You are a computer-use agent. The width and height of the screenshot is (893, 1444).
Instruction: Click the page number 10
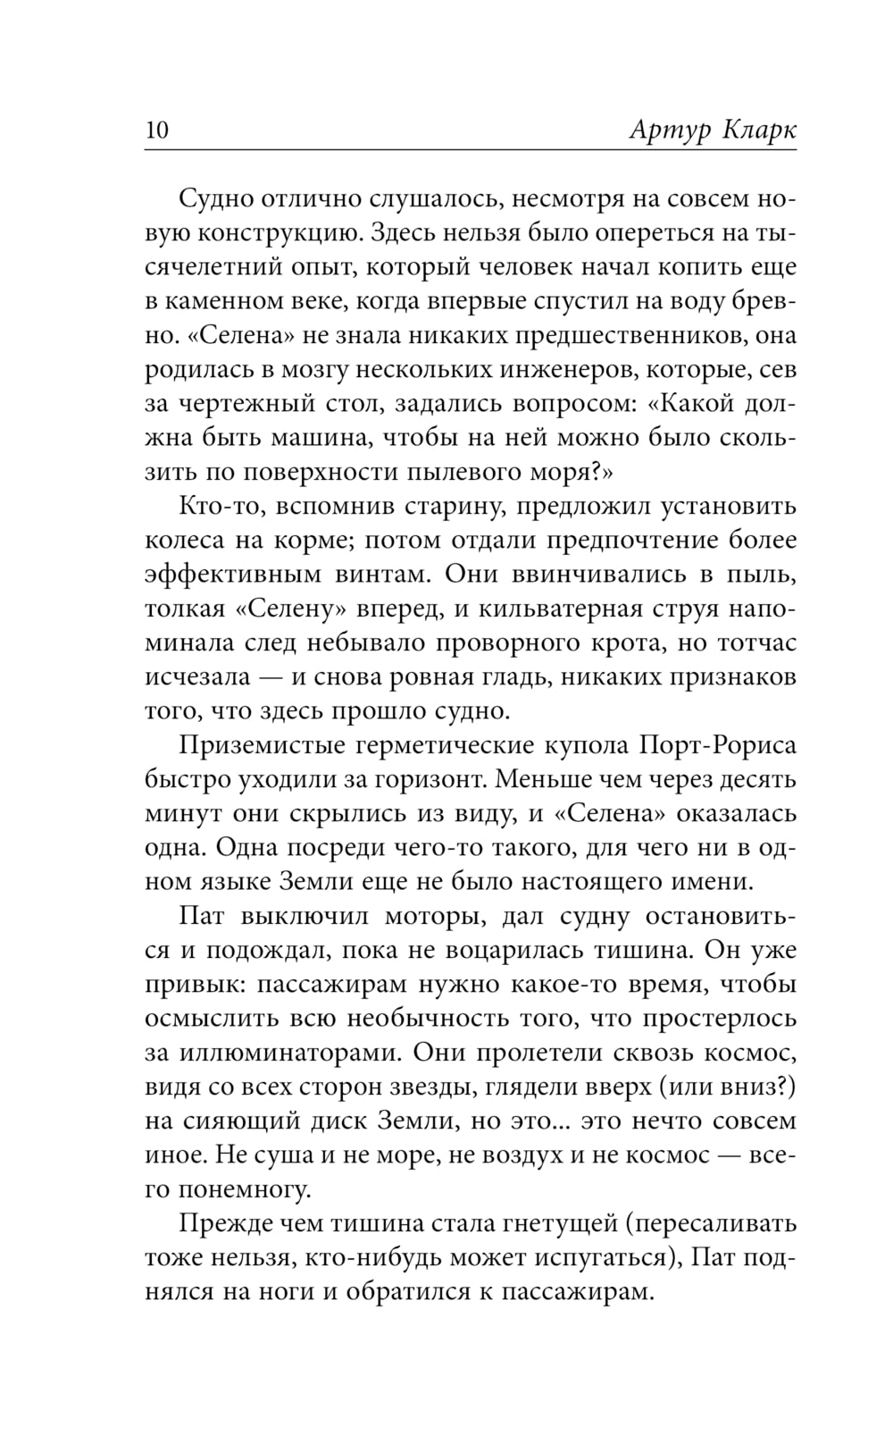[x=156, y=130]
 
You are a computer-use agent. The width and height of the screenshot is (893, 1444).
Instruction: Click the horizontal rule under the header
[x=470, y=149]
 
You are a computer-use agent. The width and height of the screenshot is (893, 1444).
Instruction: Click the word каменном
[x=232, y=301]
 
